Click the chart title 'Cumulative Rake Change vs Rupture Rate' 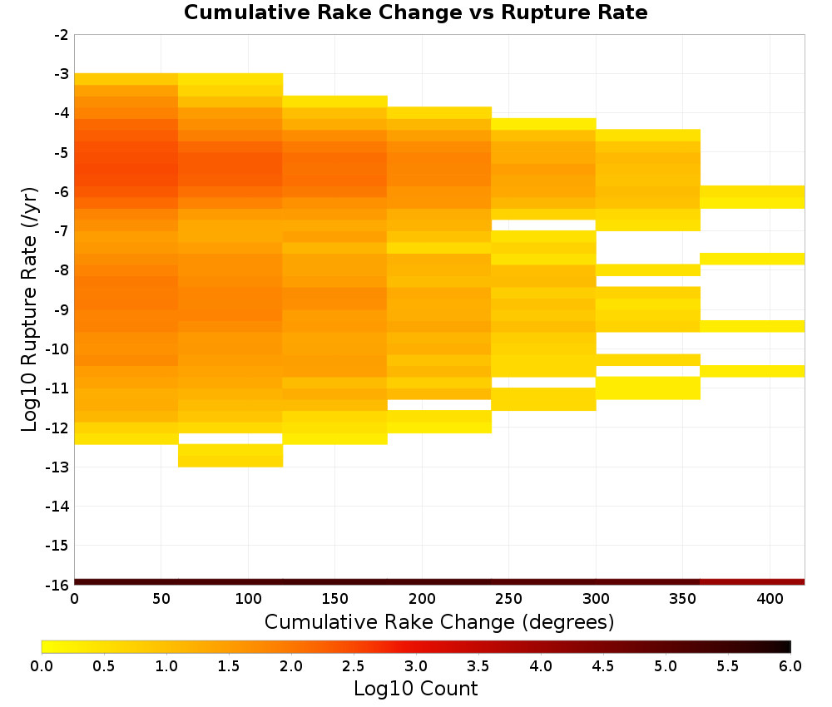[415, 12]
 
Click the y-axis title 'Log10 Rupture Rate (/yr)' [29, 309]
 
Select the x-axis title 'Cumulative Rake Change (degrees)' [439, 621]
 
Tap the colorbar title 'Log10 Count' [415, 689]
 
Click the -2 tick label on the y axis [62, 35]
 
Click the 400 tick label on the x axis [770, 599]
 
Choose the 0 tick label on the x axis [74, 599]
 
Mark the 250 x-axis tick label [509, 599]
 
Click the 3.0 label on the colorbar [416, 665]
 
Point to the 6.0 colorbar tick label [790, 665]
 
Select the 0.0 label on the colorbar [42, 665]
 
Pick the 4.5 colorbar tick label [603, 665]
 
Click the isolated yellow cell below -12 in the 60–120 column [230, 456]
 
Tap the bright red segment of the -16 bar [752, 582]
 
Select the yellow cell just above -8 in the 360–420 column [752, 259]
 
